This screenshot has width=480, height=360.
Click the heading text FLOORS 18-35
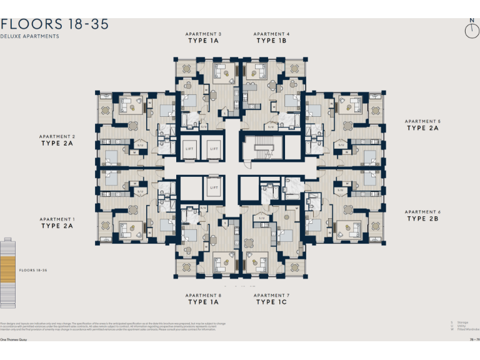click(x=55, y=24)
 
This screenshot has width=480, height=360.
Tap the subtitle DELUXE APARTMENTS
click(x=30, y=37)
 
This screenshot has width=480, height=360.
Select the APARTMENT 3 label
click(x=203, y=34)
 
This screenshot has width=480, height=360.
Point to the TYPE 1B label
click(x=271, y=41)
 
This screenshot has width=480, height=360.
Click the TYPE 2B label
click(x=422, y=219)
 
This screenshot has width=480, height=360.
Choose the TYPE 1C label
click(x=271, y=302)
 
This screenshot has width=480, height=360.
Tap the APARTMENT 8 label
click(x=203, y=295)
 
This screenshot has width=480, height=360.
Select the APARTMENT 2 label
click(x=57, y=136)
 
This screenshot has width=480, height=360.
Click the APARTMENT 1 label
click(x=57, y=219)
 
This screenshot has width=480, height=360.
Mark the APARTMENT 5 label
click(x=422, y=121)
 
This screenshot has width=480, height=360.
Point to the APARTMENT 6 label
click(x=422, y=212)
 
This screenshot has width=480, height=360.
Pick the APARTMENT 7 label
click(x=271, y=295)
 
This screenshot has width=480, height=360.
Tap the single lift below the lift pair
click(x=213, y=187)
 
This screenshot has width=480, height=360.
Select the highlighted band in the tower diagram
click(x=7, y=271)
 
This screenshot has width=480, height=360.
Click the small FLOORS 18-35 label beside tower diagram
click(x=34, y=271)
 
